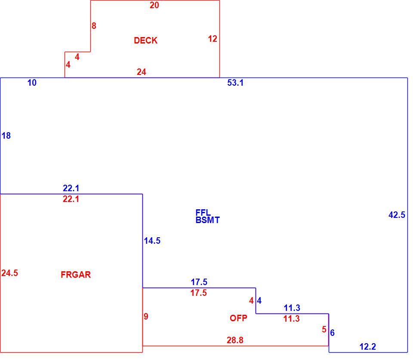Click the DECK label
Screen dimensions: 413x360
(x=146, y=40)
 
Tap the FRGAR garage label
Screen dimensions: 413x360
(x=76, y=275)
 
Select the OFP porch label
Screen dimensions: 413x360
(x=238, y=318)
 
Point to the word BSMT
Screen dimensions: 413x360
(x=207, y=220)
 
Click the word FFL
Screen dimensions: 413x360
(x=203, y=213)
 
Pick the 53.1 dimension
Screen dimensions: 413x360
(x=235, y=83)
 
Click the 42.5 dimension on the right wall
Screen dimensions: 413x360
(x=397, y=215)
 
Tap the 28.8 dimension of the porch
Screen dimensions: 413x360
(x=235, y=340)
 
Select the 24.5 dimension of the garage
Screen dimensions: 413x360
(x=10, y=273)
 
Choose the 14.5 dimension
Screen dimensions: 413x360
(x=152, y=241)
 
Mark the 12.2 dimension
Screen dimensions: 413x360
(x=368, y=347)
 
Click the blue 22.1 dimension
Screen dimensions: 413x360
(x=71, y=188)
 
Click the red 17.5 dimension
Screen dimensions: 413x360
(x=199, y=293)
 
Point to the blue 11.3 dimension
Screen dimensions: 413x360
(x=292, y=308)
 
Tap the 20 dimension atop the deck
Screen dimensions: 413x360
(x=154, y=5)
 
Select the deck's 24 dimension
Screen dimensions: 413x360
(x=142, y=72)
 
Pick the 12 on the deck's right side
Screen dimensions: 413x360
(x=213, y=39)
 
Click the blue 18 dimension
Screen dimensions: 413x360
(x=6, y=136)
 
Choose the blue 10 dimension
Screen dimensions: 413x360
(x=32, y=83)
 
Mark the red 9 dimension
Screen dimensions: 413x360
(x=146, y=316)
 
